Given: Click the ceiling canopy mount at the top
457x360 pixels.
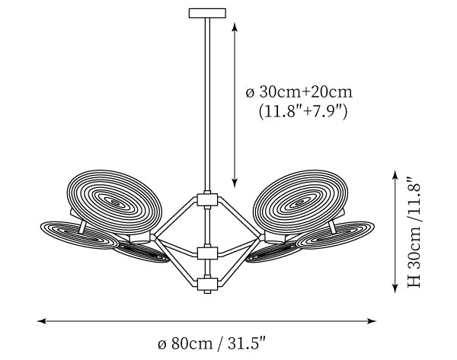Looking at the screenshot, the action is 207,13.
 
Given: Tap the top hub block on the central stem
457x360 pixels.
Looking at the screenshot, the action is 207,199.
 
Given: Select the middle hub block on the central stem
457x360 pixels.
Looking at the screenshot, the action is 207,253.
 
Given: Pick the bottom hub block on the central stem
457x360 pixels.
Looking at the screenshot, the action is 207,284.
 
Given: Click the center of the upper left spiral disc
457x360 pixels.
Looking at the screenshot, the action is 114,202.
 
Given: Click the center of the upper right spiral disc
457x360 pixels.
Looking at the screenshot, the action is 300,202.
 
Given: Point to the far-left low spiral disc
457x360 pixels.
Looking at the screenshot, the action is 79,235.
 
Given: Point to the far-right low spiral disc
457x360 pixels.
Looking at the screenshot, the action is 335,235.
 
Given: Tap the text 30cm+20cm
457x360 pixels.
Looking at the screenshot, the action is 305,92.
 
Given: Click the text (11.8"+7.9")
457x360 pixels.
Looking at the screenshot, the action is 303,111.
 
